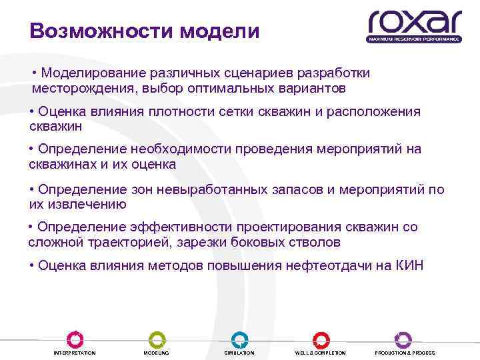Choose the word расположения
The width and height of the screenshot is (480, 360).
(x=373, y=111)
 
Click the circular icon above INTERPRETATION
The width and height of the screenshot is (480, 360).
(x=75, y=339)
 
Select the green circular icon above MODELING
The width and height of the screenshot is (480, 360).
(x=157, y=339)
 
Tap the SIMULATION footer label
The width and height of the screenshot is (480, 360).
(x=239, y=353)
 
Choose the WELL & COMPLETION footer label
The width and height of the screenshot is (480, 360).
(x=321, y=353)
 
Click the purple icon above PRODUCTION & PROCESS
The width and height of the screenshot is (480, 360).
(x=403, y=339)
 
